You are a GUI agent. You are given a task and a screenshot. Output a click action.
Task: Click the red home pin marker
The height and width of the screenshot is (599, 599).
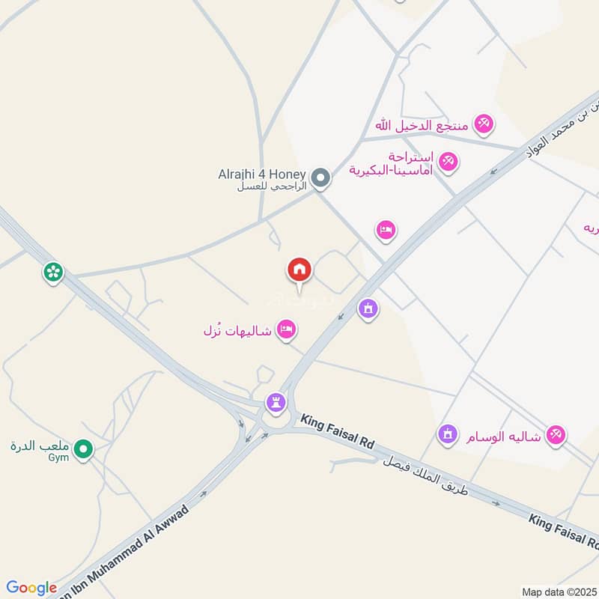299,270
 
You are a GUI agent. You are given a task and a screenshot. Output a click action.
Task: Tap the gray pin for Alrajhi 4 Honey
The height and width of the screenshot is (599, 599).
321,178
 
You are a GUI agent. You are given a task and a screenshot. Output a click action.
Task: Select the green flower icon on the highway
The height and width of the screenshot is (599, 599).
52,273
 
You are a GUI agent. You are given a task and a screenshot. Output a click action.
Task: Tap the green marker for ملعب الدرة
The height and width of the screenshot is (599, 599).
85,450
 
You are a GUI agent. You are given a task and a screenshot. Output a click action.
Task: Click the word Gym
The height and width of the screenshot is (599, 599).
58,457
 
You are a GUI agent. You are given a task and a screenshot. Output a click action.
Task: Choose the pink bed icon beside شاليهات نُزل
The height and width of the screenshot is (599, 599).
285,329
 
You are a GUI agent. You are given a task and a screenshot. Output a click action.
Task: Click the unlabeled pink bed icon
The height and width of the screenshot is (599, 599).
386,230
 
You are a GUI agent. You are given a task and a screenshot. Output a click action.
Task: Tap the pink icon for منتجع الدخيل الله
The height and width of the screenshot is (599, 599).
484,124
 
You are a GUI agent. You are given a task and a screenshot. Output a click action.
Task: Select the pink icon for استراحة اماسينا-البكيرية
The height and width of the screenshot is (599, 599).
448,161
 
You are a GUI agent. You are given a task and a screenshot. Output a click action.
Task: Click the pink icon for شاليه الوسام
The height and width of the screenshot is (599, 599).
555,434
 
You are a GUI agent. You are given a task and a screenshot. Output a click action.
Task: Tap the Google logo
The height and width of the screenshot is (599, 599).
31,587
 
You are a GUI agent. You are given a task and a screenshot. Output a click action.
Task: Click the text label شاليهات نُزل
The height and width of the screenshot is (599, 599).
238,329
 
